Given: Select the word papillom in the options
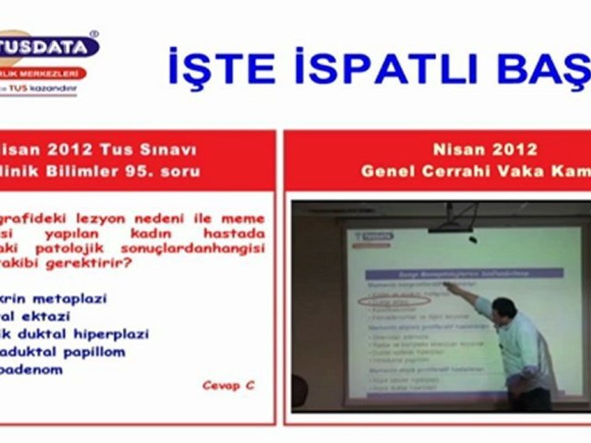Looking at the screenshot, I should (x=92, y=352).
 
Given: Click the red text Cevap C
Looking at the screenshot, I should (x=228, y=386).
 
